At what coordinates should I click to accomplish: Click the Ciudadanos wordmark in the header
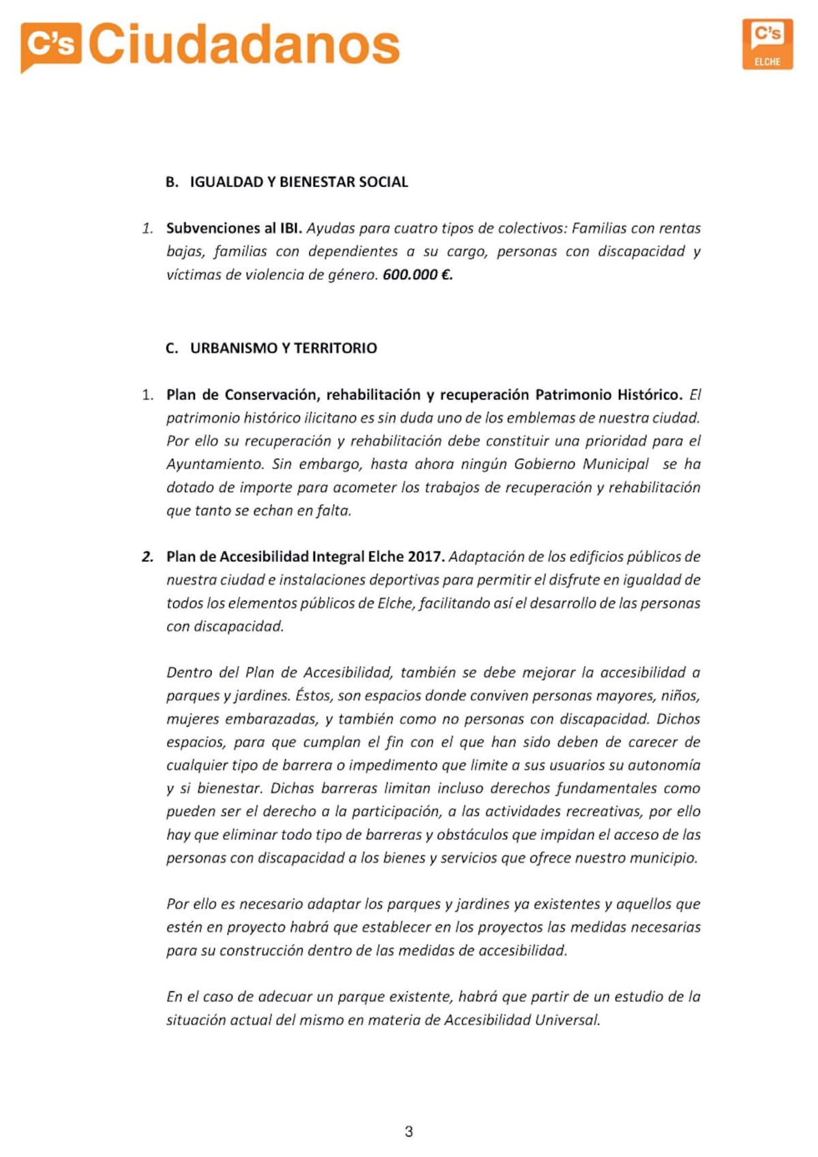pos(244,45)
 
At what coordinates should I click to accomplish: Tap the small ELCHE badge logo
pos(768,44)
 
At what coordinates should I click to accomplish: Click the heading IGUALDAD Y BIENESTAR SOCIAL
pos(299,182)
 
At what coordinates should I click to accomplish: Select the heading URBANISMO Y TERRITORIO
pos(284,348)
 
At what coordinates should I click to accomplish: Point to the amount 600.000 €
pos(417,275)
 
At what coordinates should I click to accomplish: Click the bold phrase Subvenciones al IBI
pos(234,228)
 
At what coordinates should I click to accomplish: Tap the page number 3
pos(409,1132)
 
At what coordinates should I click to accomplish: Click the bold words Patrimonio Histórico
pos(609,395)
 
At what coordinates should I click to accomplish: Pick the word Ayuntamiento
pos(215,464)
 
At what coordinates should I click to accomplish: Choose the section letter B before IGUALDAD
pos(172,182)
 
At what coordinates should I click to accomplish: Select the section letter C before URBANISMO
pos(172,348)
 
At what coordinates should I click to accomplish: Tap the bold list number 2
pos(148,557)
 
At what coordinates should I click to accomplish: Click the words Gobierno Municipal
pos(581,464)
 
